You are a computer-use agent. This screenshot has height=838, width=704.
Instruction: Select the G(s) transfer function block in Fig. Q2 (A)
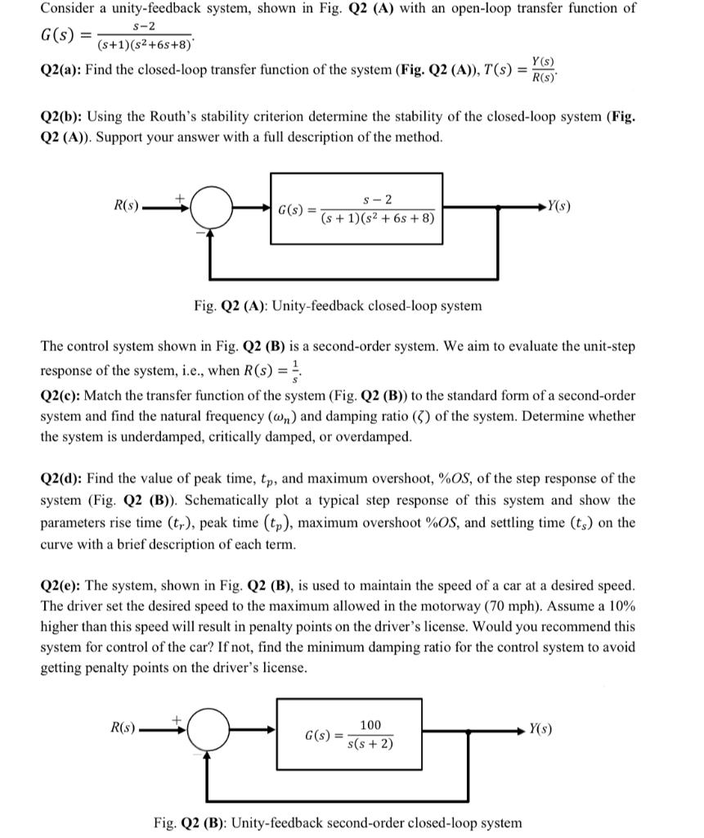[x=356, y=209]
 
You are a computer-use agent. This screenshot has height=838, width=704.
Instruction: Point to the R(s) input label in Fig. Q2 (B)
[x=125, y=726]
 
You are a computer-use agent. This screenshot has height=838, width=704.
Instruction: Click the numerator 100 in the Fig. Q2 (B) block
[x=370, y=725]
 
